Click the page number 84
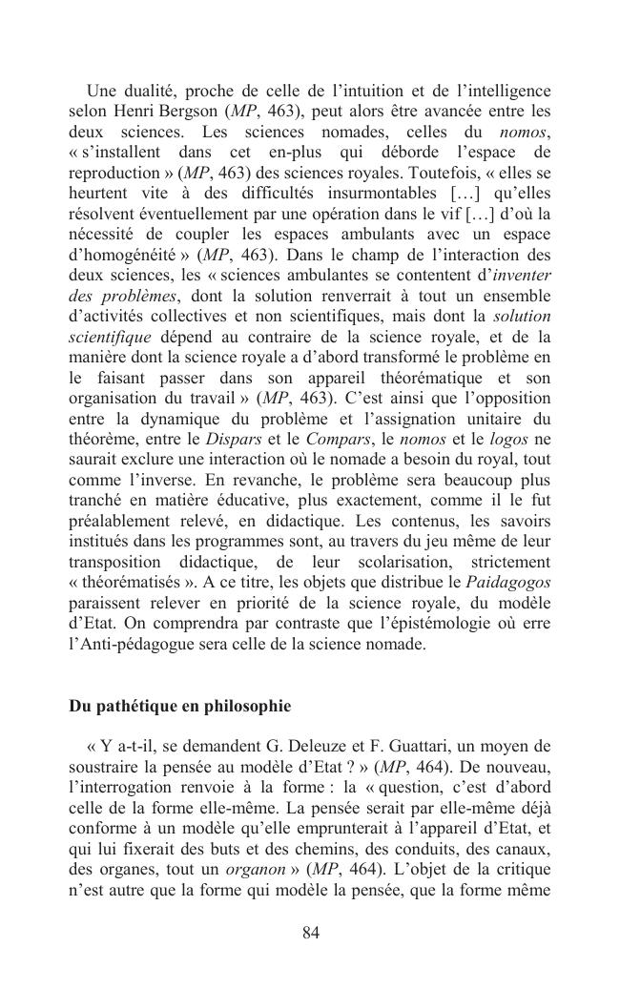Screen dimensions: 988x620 click(x=310, y=932)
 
